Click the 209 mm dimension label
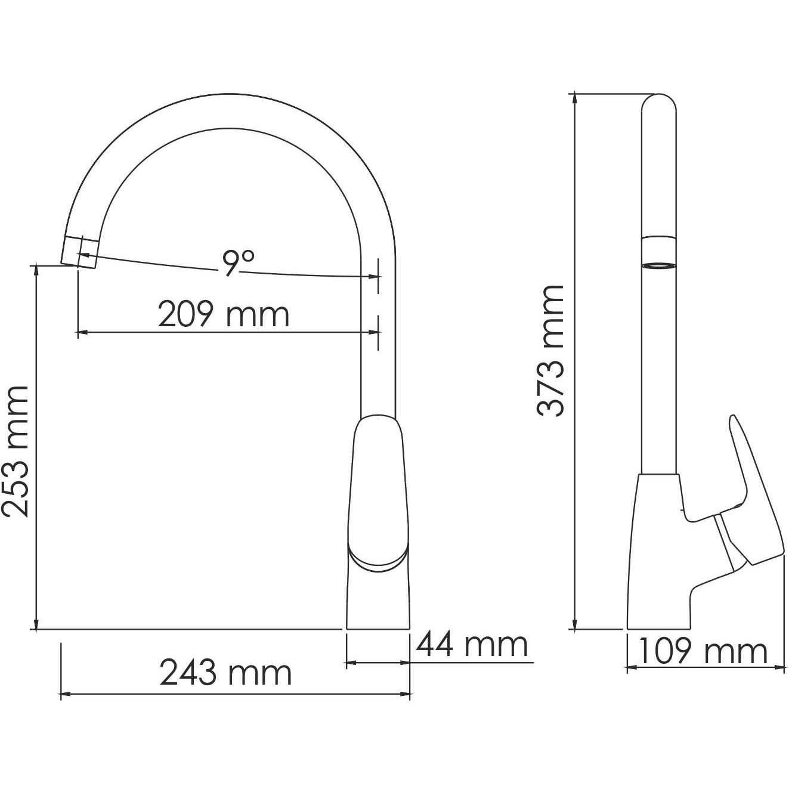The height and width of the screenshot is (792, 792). (224, 314)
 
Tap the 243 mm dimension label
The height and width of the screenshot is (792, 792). (226, 674)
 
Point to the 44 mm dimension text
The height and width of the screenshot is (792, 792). (472, 645)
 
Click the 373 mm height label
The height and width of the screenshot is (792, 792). (549, 351)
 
